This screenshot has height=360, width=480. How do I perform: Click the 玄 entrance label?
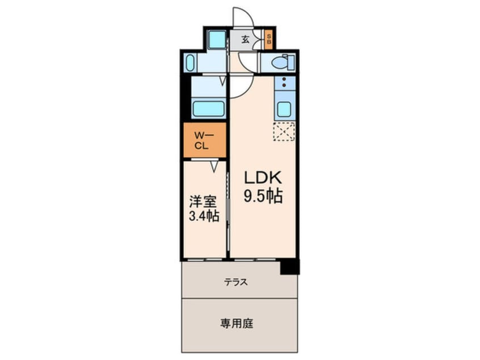pyautogui.click(x=245, y=40)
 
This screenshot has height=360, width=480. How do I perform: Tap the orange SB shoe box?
pyautogui.click(x=269, y=40)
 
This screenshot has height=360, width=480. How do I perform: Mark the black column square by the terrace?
pyautogui.click(x=290, y=266)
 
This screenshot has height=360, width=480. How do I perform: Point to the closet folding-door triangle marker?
pyautogui.click(x=214, y=166)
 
